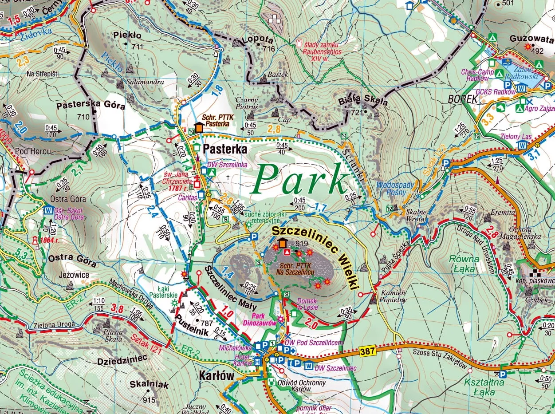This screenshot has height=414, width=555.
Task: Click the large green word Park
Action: [301, 180]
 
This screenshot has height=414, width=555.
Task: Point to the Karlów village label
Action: [216, 375]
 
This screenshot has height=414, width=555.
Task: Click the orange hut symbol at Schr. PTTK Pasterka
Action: [199, 127]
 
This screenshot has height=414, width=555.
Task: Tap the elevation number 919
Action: [301, 243]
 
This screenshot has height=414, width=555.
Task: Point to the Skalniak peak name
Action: [150, 385]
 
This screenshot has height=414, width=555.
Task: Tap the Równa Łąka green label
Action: [464, 263]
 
